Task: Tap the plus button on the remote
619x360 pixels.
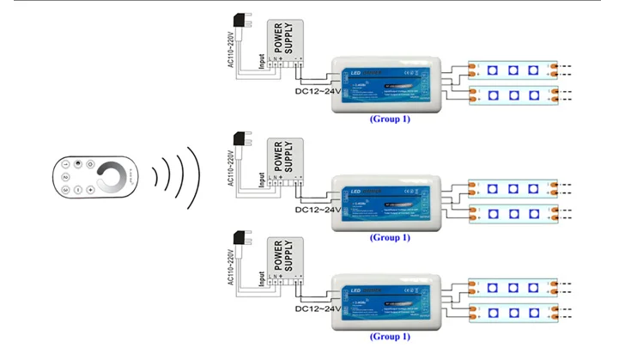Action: (89, 189)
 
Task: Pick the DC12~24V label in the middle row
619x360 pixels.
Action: (318, 208)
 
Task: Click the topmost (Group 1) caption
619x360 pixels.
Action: (390, 119)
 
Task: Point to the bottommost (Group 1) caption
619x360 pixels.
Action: (390, 337)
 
